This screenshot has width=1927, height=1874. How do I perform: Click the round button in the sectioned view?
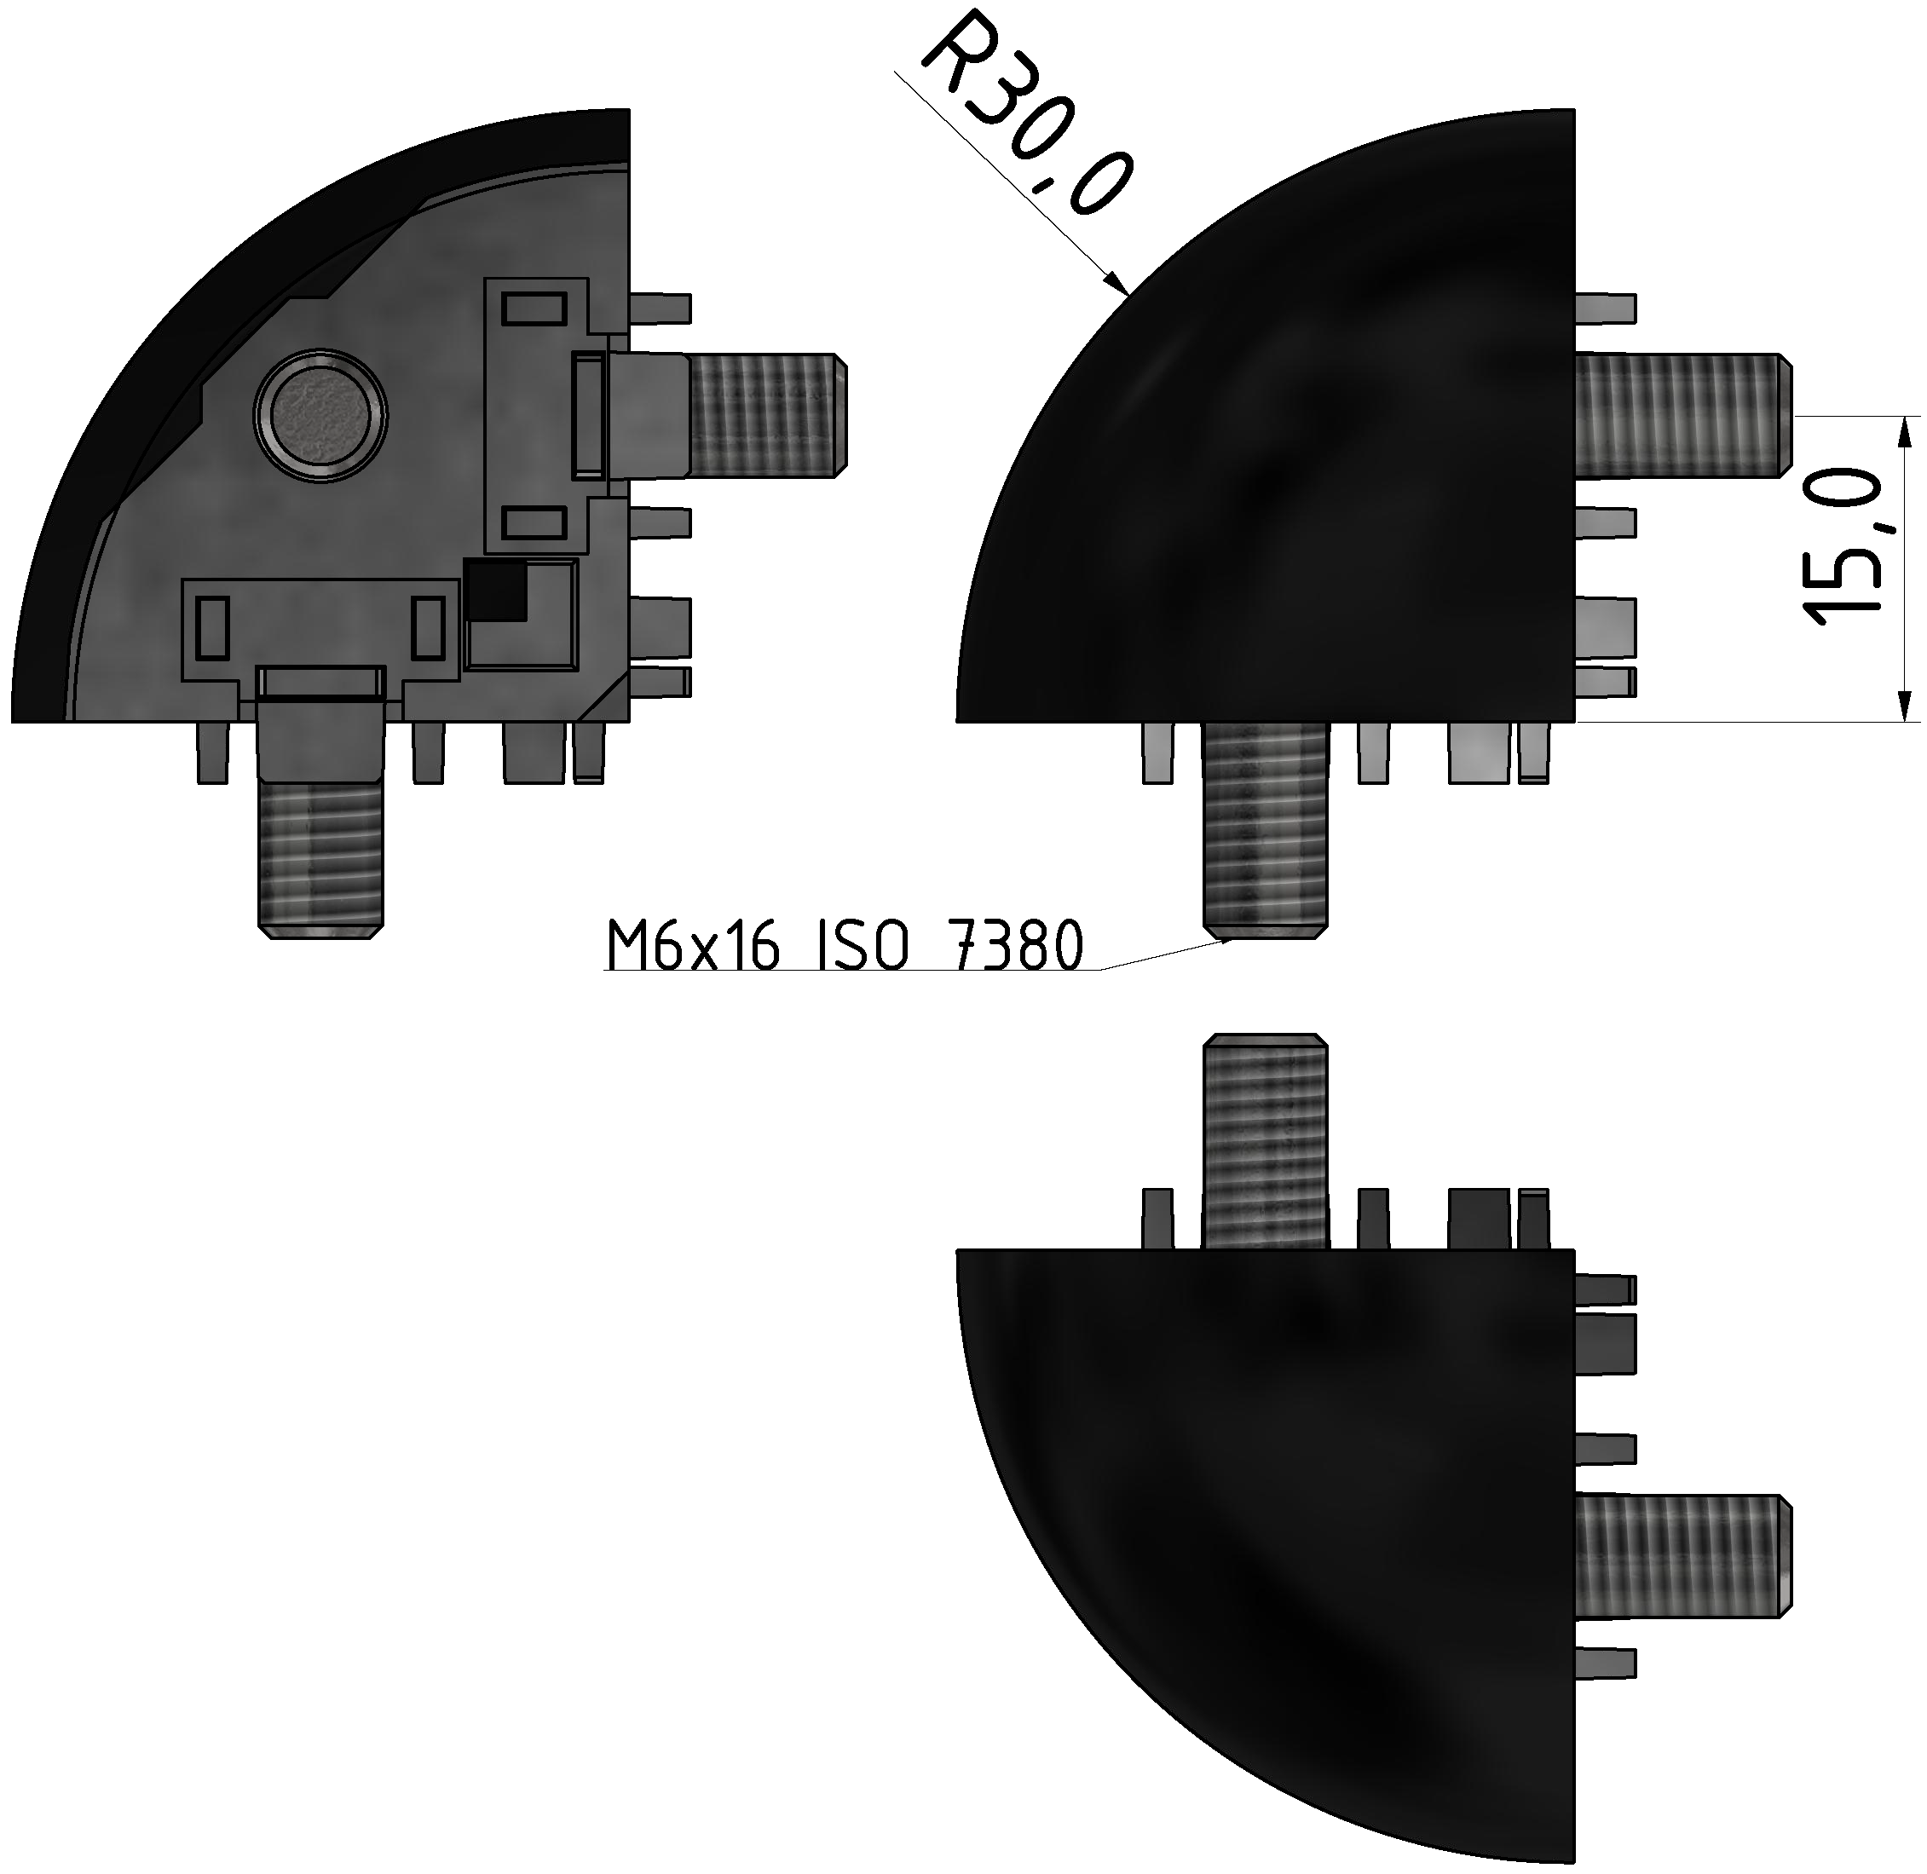pos(320,414)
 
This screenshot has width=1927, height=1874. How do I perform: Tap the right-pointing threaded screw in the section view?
pos(768,414)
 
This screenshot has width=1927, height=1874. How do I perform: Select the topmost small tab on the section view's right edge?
pos(661,308)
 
